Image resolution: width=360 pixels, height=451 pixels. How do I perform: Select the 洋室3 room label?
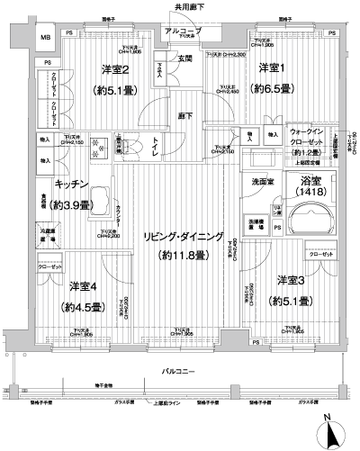[x=292, y=281]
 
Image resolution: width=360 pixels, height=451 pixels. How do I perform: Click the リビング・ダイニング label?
[x=178, y=237]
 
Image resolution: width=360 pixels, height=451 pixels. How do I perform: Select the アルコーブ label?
[x=184, y=32]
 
